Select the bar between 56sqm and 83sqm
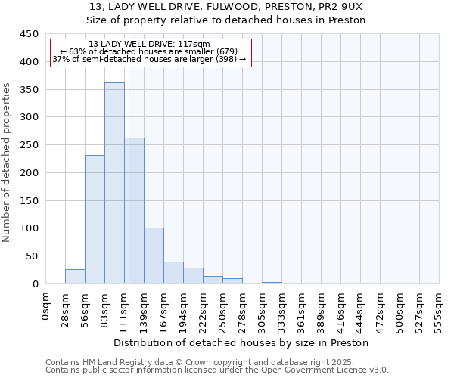pyautogui.click(x=95, y=219)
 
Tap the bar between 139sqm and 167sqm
pyautogui.click(x=154, y=256)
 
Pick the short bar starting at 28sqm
pyautogui.click(x=75, y=277)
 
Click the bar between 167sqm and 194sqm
pyautogui.click(x=173, y=273)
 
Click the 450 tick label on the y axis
pyautogui.click(x=29, y=34)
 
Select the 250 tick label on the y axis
pyautogui.click(x=29, y=145)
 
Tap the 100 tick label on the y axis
pyautogui.click(x=29, y=228)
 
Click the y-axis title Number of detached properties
pyautogui.click(x=8, y=163)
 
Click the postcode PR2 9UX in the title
pyautogui.click(x=345, y=6)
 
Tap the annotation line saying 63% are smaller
pyautogui.click(x=149, y=51)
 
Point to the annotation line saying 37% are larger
pyautogui.click(x=149, y=59)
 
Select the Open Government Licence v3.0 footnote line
pyautogui.click(x=217, y=370)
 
